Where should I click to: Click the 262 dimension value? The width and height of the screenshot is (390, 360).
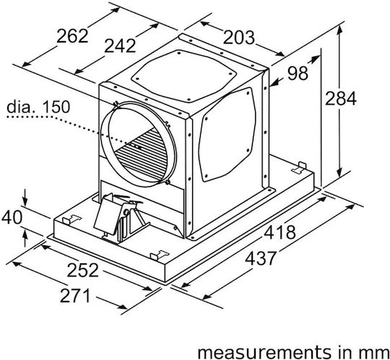click(72, 36)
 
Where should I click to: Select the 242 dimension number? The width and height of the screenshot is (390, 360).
click(120, 46)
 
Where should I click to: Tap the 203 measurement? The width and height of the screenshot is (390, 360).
click(239, 38)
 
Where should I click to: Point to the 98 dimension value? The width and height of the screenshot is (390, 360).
click(298, 74)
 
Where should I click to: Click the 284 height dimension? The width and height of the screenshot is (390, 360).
click(340, 98)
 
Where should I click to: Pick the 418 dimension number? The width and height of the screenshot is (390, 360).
click(279, 232)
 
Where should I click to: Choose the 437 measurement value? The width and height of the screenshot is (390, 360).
click(261, 258)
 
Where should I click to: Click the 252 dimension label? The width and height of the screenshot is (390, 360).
click(82, 270)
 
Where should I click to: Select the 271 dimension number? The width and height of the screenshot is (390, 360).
click(74, 296)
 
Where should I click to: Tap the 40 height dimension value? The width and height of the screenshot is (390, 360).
click(12, 217)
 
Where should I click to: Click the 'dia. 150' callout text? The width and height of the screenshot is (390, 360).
click(38, 107)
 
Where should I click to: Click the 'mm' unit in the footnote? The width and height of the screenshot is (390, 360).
click(376, 353)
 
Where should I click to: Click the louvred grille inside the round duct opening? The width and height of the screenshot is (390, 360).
click(142, 154)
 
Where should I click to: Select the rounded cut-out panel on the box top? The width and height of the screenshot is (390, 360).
click(183, 76)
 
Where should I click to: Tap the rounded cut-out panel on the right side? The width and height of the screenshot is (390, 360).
click(227, 134)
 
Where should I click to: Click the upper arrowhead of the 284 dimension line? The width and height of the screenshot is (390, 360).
click(339, 30)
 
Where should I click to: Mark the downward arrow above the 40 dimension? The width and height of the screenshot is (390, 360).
click(25, 197)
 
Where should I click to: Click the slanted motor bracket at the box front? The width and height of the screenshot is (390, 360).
click(108, 214)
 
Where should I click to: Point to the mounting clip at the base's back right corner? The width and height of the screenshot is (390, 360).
click(299, 167)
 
